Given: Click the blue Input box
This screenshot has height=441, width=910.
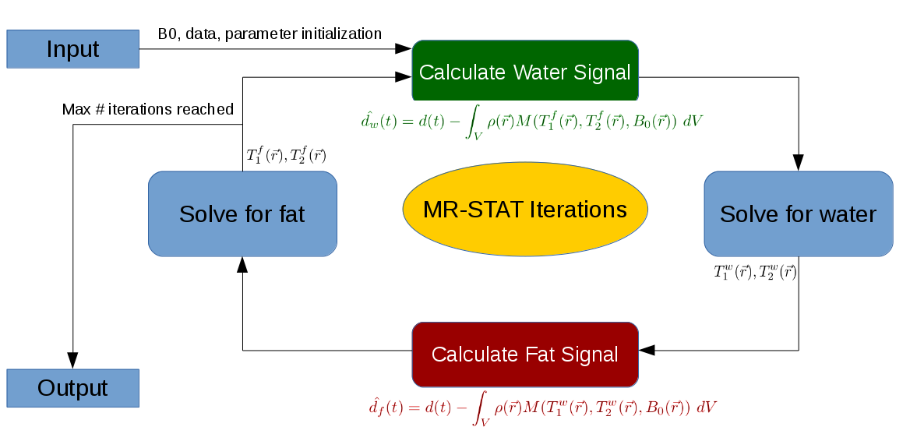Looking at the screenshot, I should click(72, 49).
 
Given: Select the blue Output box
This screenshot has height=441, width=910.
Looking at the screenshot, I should click(72, 388).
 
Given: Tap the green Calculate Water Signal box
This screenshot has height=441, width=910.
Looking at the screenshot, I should click(524, 72).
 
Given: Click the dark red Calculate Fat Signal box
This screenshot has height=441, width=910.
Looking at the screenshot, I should click(524, 355).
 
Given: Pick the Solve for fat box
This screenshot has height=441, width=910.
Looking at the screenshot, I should click(242, 213).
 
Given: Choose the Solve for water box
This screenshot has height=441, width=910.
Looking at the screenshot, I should click(798, 213).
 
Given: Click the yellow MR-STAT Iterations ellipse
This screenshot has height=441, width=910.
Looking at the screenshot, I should click(525, 210).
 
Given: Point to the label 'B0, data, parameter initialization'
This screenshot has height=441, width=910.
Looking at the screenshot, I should click(270, 34).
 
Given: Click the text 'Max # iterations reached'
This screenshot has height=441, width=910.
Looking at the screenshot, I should click(148, 109).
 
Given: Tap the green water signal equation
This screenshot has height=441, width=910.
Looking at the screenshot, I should click(532, 122).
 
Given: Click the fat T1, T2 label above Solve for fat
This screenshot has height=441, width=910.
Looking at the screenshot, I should click(286, 155).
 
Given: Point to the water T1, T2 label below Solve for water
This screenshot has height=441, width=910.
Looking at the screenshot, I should click(755, 272).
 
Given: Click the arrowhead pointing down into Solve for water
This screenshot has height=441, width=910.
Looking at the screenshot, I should click(799, 162).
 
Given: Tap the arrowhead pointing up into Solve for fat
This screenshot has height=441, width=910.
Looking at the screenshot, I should click(242, 265).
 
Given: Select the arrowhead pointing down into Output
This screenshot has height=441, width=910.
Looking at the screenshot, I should click(72, 360).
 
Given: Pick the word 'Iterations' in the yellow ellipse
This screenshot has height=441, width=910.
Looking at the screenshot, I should click(578, 210).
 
